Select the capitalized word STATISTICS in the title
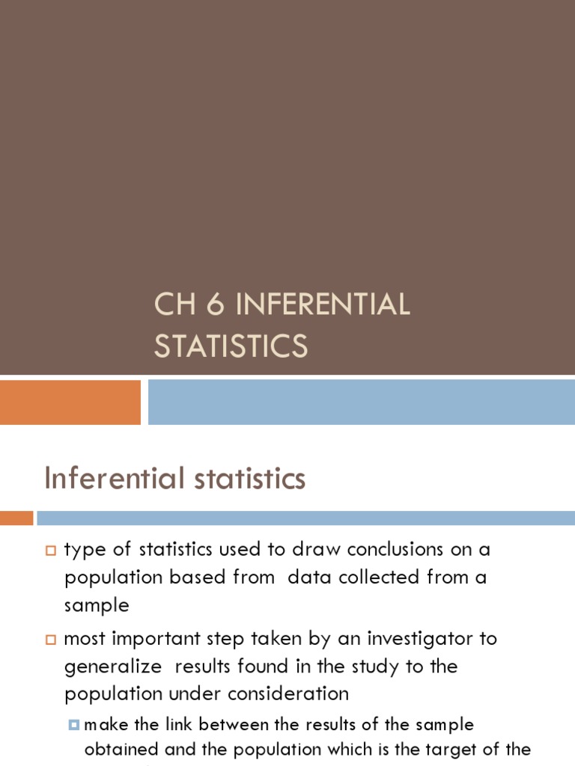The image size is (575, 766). (x=231, y=346)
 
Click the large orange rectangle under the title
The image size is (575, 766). (x=70, y=402)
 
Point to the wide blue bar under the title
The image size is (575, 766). (x=361, y=402)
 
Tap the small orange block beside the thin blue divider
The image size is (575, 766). (x=16, y=518)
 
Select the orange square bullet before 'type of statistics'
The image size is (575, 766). (x=51, y=551)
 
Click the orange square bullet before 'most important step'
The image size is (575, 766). (x=51, y=640)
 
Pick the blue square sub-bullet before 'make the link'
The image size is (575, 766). (x=73, y=724)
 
